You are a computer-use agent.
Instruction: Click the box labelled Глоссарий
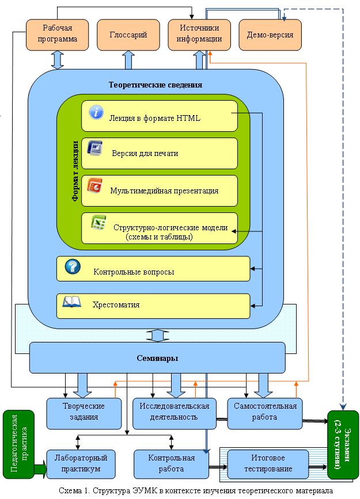(128, 35)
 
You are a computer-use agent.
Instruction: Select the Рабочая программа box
(57, 35)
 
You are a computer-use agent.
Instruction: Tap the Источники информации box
(199, 35)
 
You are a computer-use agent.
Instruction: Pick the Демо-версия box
(270, 35)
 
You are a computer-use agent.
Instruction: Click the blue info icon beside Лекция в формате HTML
(96, 112)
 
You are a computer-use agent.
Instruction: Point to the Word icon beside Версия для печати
(95, 148)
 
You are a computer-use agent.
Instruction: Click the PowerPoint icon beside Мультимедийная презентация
(95, 185)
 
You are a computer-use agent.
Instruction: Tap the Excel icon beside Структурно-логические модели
(98, 222)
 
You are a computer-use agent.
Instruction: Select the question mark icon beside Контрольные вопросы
(73, 266)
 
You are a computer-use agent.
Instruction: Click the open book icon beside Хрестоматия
(71, 302)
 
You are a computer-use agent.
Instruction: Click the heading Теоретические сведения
(156, 85)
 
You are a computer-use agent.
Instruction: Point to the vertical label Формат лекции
(75, 171)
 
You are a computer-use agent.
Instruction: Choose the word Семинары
(157, 358)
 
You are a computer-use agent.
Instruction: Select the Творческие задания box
(84, 413)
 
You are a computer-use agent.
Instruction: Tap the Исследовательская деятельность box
(175, 413)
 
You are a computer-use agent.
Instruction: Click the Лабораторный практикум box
(81, 464)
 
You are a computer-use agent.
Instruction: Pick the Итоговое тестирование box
(268, 464)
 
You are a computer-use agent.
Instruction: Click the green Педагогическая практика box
(18, 444)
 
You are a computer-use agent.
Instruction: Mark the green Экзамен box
(343, 444)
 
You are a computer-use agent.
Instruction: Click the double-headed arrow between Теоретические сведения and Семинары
(157, 336)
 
